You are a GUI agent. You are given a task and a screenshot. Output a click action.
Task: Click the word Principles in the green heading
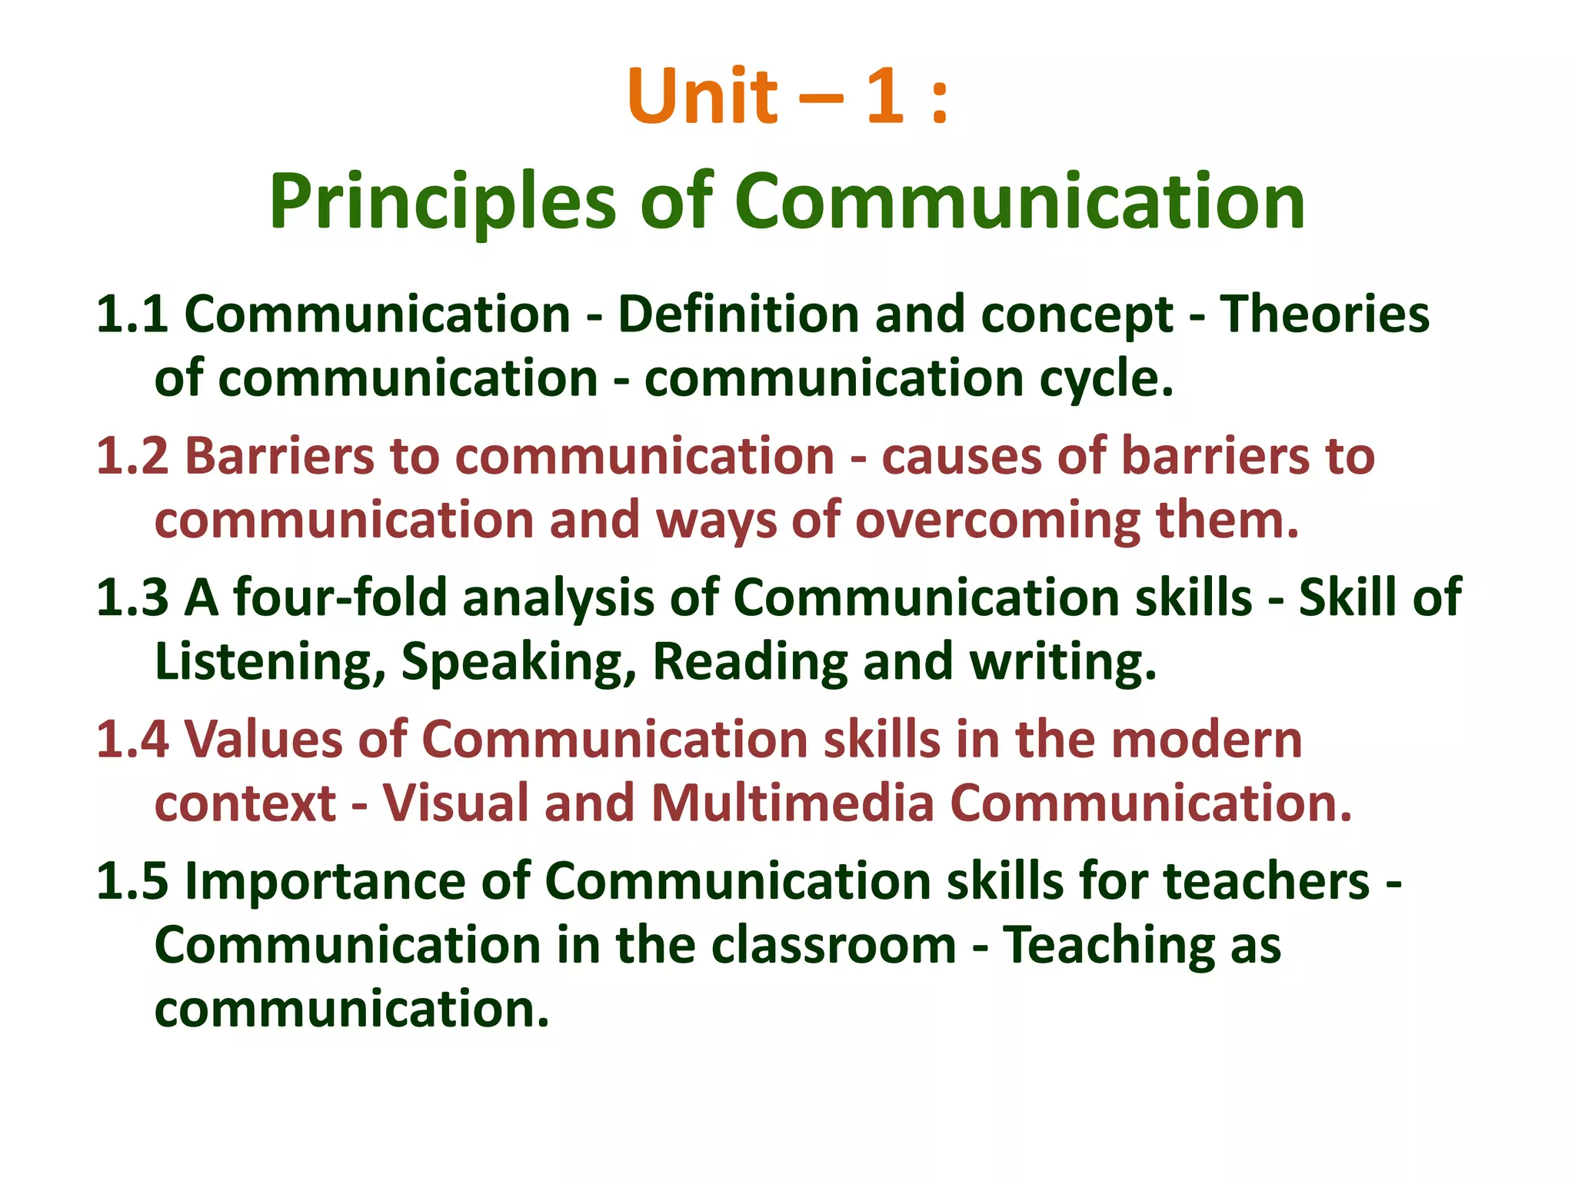pyautogui.click(x=442, y=201)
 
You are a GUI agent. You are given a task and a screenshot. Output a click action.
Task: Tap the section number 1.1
pyautogui.click(x=132, y=314)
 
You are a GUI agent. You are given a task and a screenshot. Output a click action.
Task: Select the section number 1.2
pyautogui.click(x=132, y=456)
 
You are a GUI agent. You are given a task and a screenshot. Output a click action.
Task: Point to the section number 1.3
pyautogui.click(x=132, y=597)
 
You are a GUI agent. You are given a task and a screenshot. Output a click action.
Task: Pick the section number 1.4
pyautogui.click(x=132, y=739)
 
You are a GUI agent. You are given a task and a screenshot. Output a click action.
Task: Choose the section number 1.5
pyautogui.click(x=132, y=880)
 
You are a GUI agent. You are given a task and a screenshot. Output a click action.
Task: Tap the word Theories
pyautogui.click(x=1324, y=314)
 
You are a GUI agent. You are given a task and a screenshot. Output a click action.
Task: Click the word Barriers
pyautogui.click(x=280, y=456)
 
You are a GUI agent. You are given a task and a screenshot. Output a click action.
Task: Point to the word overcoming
pyautogui.click(x=997, y=521)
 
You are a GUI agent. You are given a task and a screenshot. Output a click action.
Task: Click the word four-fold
pyautogui.click(x=340, y=597)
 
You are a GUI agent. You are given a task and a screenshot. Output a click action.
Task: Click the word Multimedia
pyautogui.click(x=791, y=803)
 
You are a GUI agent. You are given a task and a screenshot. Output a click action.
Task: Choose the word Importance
pyautogui.click(x=358, y=880)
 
